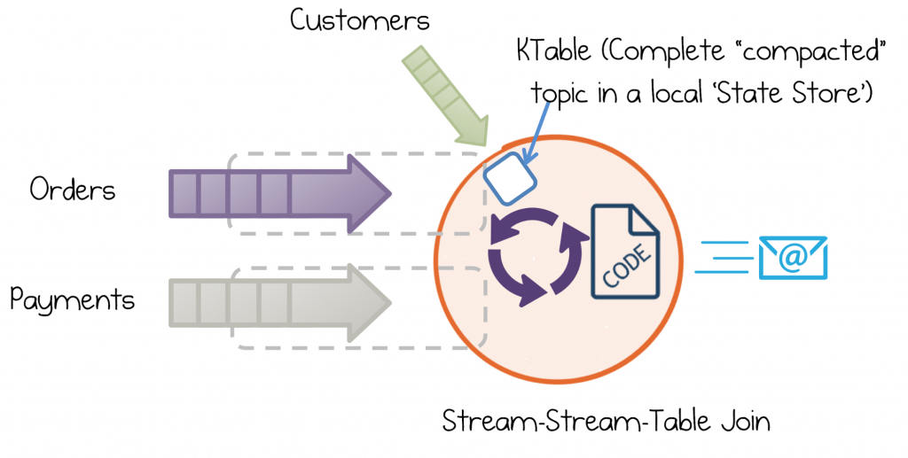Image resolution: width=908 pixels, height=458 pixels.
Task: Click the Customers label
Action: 360,19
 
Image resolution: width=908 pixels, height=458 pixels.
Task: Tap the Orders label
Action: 73,189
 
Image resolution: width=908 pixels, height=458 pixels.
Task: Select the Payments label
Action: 72,300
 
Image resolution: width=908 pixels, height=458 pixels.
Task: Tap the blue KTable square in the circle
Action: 510,178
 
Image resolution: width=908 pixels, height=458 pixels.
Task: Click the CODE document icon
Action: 625,252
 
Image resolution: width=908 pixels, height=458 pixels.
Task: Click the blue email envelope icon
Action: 793,257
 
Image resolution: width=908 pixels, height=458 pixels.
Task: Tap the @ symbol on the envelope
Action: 793,256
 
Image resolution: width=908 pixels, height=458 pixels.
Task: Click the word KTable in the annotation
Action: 553,50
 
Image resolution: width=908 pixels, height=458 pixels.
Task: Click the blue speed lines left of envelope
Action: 723,257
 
